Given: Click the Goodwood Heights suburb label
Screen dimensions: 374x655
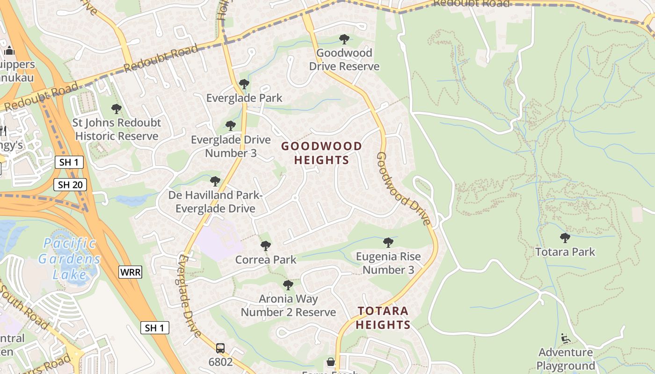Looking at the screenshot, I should point(321,153).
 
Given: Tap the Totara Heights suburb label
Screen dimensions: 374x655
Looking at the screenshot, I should point(383,317).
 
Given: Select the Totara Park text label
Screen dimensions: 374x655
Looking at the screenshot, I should point(565,252).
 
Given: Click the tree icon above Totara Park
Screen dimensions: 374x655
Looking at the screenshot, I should point(565,238).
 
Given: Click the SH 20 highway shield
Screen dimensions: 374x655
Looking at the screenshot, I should point(70,185).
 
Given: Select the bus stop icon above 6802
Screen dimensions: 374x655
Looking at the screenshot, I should point(220,348).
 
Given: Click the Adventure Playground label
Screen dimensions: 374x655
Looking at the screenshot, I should point(565,359).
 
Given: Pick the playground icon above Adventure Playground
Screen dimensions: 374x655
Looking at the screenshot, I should point(565,338).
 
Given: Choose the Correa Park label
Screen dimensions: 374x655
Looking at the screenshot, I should point(266,259).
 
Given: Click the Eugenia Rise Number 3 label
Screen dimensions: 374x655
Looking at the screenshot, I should point(388,263).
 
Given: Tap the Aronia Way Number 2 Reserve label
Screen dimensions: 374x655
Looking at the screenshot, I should point(288,305).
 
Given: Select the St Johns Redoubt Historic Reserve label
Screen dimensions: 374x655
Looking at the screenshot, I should point(116,129).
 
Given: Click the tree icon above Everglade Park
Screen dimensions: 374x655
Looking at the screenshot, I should point(244,84).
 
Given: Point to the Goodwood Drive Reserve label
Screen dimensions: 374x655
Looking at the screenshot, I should point(344,59).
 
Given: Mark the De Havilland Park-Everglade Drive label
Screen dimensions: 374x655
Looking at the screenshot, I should point(215,201).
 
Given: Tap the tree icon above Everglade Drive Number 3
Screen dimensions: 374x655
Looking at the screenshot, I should point(230,126).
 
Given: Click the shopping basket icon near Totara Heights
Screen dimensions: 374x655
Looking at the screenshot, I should point(331,362).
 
